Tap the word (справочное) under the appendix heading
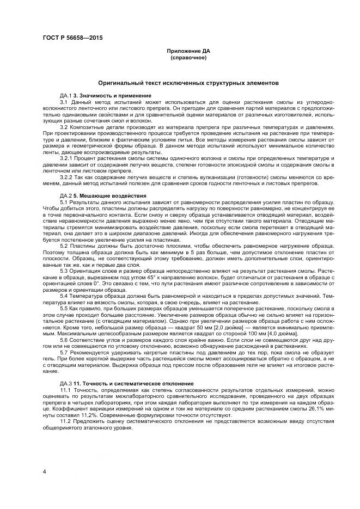pyautogui.click(x=188, y=57)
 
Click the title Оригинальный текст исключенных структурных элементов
pyautogui.click(x=188, y=83)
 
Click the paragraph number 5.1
pyautogui.click(x=64, y=201)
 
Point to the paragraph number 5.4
pyautogui.click(x=64, y=295)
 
